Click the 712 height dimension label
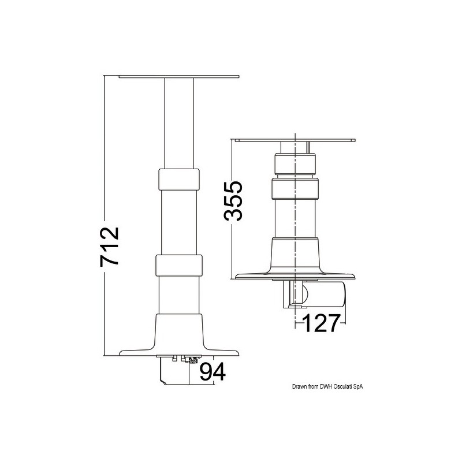[110, 247]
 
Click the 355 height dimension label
[233, 200]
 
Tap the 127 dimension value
[321, 323]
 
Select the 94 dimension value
[213, 372]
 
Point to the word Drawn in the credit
[298, 387]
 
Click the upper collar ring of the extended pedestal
[179, 180]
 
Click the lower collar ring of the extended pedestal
[179, 265]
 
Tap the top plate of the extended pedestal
[179, 77]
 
